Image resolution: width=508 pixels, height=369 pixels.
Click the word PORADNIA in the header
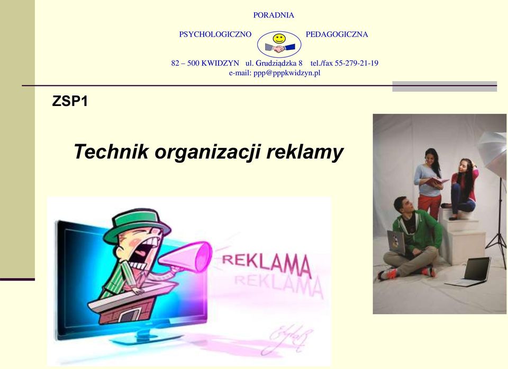[274, 15]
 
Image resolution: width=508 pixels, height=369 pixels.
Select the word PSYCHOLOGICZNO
[215, 34]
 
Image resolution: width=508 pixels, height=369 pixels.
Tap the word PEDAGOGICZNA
[337, 34]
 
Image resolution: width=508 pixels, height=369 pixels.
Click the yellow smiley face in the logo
[279, 39]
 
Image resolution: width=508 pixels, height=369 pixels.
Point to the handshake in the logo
[279, 48]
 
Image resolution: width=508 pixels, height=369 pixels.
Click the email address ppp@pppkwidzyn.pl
[287, 73]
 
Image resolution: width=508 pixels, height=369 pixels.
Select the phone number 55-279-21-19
[356, 63]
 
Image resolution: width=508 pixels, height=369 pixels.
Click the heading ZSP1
[70, 101]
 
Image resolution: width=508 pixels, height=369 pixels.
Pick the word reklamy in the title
[305, 152]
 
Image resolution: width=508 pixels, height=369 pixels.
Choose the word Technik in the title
[111, 151]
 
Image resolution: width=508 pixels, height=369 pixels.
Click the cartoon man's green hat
[135, 224]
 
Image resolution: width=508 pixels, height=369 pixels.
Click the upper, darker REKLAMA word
[266, 264]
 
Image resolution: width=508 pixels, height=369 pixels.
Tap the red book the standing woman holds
[436, 181]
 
